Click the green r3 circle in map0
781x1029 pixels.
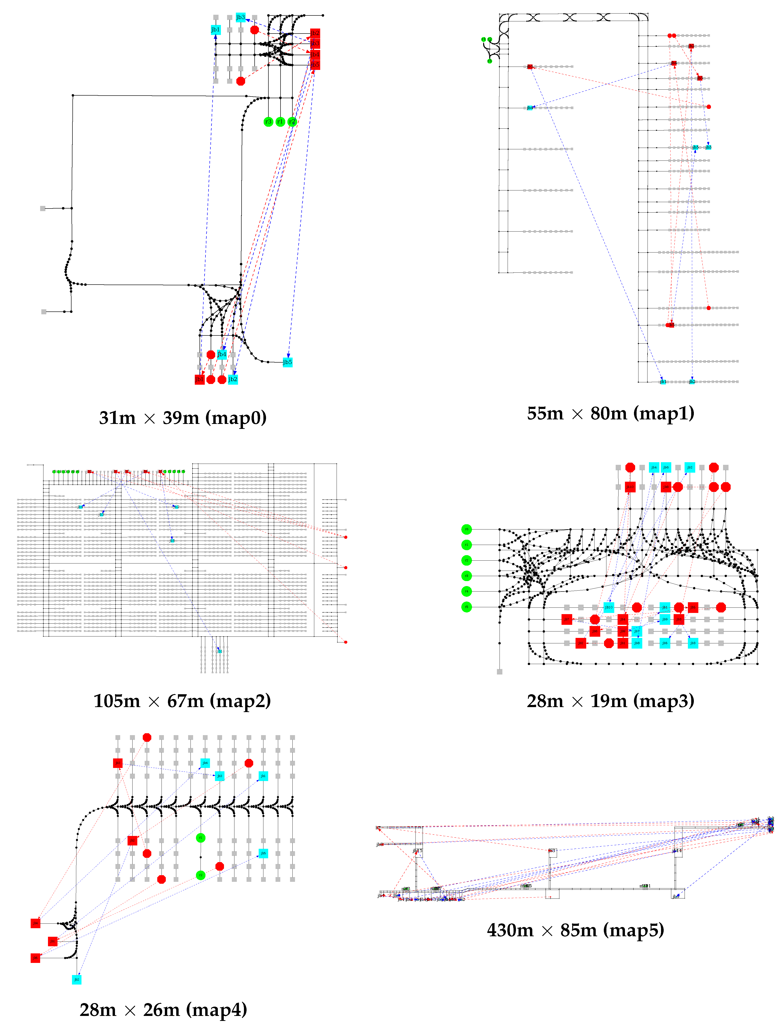click(268, 122)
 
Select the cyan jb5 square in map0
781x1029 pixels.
click(288, 362)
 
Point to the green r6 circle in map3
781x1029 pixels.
click(466, 529)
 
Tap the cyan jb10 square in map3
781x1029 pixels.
click(609, 607)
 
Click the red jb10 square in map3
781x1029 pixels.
click(630, 487)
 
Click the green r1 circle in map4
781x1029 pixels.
click(200, 838)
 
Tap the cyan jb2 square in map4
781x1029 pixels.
click(77, 979)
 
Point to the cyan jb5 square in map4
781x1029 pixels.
click(263, 853)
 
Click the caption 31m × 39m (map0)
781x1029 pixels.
click(183, 418)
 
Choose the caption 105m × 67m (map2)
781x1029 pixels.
click(182, 701)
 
